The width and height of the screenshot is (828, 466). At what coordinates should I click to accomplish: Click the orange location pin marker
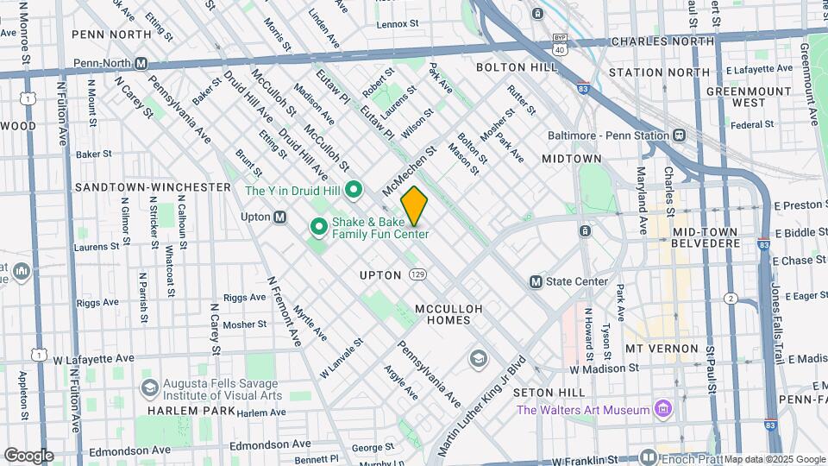(414, 206)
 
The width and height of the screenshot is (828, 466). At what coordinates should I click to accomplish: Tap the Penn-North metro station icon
(141, 63)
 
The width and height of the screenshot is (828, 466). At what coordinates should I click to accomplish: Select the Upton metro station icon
(279, 217)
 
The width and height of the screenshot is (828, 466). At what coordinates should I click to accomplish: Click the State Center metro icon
(536, 281)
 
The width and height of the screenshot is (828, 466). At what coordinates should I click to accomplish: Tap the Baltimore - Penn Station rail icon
(680, 135)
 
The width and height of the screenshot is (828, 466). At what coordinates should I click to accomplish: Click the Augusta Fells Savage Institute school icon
(150, 387)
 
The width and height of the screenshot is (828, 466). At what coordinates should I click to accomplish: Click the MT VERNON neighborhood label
(662, 349)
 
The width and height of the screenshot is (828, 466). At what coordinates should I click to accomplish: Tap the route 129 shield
(417, 274)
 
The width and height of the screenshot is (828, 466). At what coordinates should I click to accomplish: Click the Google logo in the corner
(28, 455)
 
